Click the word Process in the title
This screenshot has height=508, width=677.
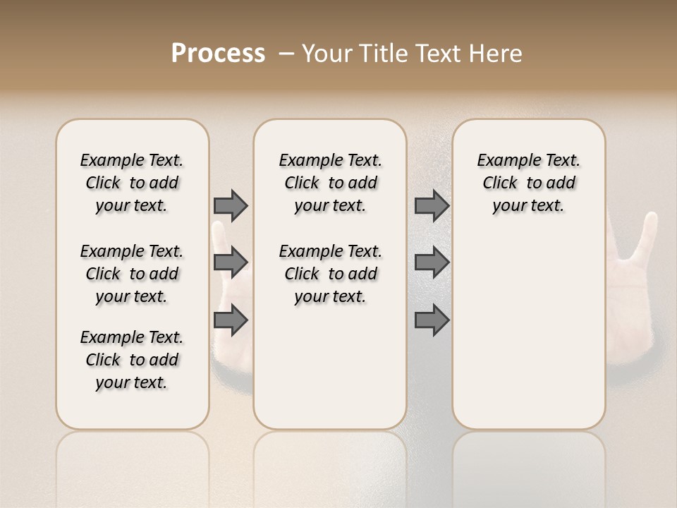218,54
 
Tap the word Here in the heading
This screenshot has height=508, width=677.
497,54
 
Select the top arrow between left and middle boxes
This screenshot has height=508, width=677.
231,205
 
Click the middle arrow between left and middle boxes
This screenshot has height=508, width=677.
231,262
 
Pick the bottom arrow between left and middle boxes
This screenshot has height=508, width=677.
231,320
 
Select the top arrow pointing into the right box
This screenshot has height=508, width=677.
432,205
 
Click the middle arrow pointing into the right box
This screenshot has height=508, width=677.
432,262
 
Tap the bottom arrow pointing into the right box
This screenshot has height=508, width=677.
432,320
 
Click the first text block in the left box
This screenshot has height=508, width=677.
132,183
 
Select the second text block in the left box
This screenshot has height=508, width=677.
132,274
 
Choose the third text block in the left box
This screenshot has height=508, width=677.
132,360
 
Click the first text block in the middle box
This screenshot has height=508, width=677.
330,183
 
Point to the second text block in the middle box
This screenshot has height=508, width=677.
330,274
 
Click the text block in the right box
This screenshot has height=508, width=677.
528,183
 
